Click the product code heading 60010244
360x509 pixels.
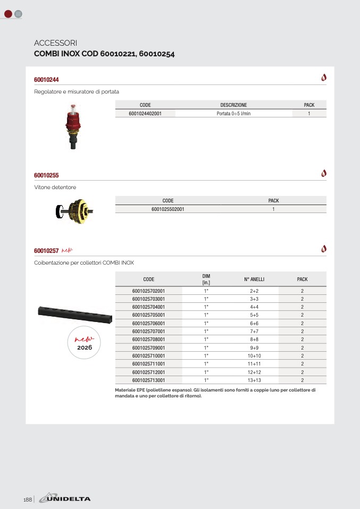(x=46, y=80)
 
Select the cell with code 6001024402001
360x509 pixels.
(x=145, y=113)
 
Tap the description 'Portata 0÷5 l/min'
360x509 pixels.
(x=233, y=113)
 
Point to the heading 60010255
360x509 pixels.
(x=46, y=175)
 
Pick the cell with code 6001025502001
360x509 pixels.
(x=168, y=209)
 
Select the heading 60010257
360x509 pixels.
(x=46, y=250)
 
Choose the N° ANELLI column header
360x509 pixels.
(x=254, y=279)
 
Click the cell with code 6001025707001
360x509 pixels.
(x=148, y=331)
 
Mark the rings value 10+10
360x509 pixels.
(x=254, y=355)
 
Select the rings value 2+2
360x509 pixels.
(x=254, y=291)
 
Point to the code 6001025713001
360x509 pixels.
(x=148, y=380)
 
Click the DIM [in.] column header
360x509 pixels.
(x=206, y=279)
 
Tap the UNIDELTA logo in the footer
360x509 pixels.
(x=68, y=498)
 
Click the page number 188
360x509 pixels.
(x=28, y=499)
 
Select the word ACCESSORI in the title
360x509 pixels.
(x=56, y=43)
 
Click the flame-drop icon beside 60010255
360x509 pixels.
(x=324, y=173)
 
